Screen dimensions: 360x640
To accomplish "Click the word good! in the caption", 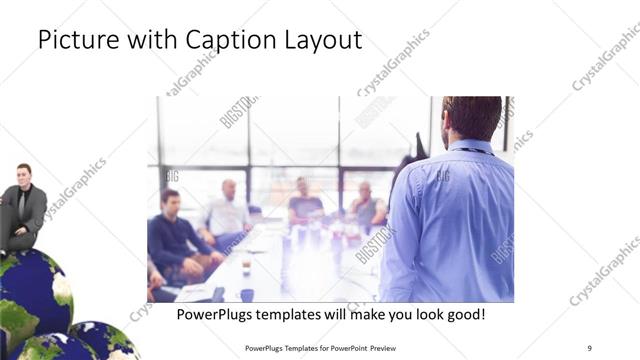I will pos(462,315).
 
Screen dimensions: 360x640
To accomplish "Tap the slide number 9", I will pos(590,348).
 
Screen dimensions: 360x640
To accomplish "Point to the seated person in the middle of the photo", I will pos(304,204).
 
